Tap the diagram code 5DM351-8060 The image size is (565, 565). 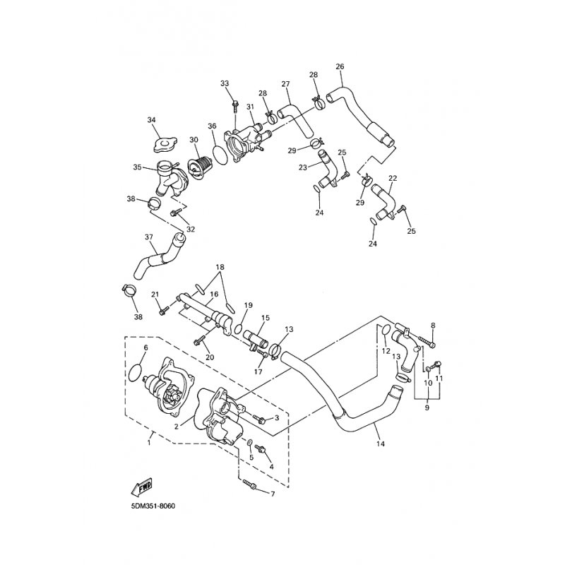[153, 506]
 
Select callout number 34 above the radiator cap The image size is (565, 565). [152, 119]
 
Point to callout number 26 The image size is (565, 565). [340, 66]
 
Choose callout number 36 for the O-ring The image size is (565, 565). [212, 126]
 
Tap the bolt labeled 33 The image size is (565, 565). [235, 105]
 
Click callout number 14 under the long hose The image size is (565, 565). [381, 444]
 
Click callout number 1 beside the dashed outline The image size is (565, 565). [149, 443]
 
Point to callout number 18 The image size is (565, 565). [220, 267]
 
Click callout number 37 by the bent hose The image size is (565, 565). [149, 237]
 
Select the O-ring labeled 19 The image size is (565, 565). [238, 328]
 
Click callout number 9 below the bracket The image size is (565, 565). [427, 408]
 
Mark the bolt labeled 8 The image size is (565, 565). [427, 341]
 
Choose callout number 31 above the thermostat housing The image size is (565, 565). [251, 107]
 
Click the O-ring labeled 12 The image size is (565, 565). [385, 331]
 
